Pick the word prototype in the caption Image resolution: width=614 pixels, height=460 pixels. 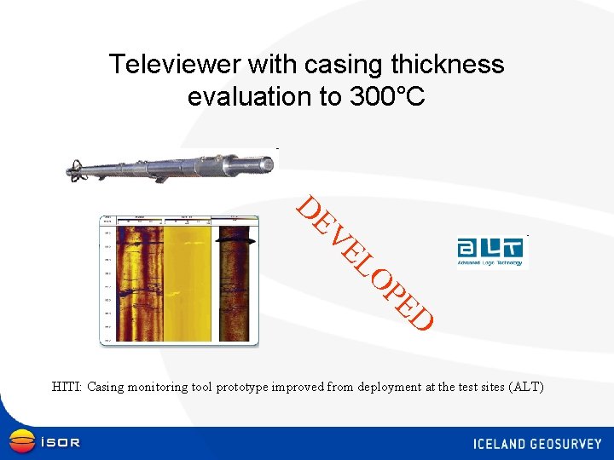pos(241,387)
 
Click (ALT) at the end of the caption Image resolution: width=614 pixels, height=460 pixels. pos(524,387)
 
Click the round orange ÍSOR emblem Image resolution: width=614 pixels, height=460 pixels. pos(21,442)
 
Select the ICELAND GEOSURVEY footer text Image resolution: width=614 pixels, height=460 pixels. pos(537,444)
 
